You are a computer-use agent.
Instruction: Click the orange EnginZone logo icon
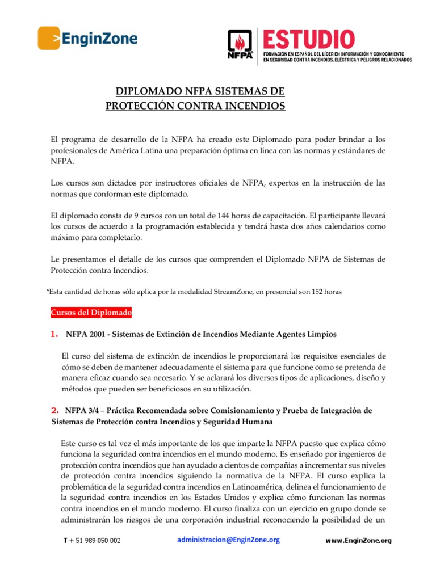click(x=49, y=39)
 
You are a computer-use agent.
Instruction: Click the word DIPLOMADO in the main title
click(x=145, y=91)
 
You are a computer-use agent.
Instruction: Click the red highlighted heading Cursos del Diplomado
click(x=91, y=313)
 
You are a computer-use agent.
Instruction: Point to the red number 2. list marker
click(x=55, y=409)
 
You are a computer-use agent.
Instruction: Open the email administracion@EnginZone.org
click(x=228, y=540)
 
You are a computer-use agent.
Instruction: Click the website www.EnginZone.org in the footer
click(x=358, y=541)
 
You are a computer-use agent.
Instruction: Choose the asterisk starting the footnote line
click(x=47, y=291)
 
